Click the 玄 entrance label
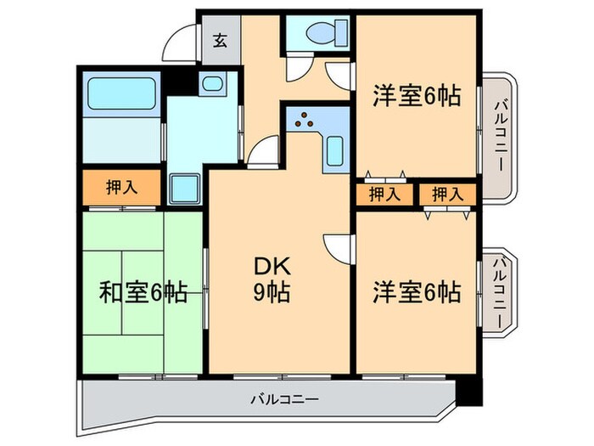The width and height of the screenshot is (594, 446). point(220,39)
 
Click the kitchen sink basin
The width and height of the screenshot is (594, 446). point(333,150)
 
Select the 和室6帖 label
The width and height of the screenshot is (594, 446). point(143,292)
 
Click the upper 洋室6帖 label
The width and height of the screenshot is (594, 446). point(416,96)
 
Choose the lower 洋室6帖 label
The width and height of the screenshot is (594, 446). point(416,292)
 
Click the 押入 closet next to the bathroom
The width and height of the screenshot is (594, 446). point(120,189)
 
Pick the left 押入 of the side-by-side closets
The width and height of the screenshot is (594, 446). point(384,195)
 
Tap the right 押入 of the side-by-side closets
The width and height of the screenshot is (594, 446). point(446,195)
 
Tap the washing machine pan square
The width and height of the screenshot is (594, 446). point(183,188)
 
